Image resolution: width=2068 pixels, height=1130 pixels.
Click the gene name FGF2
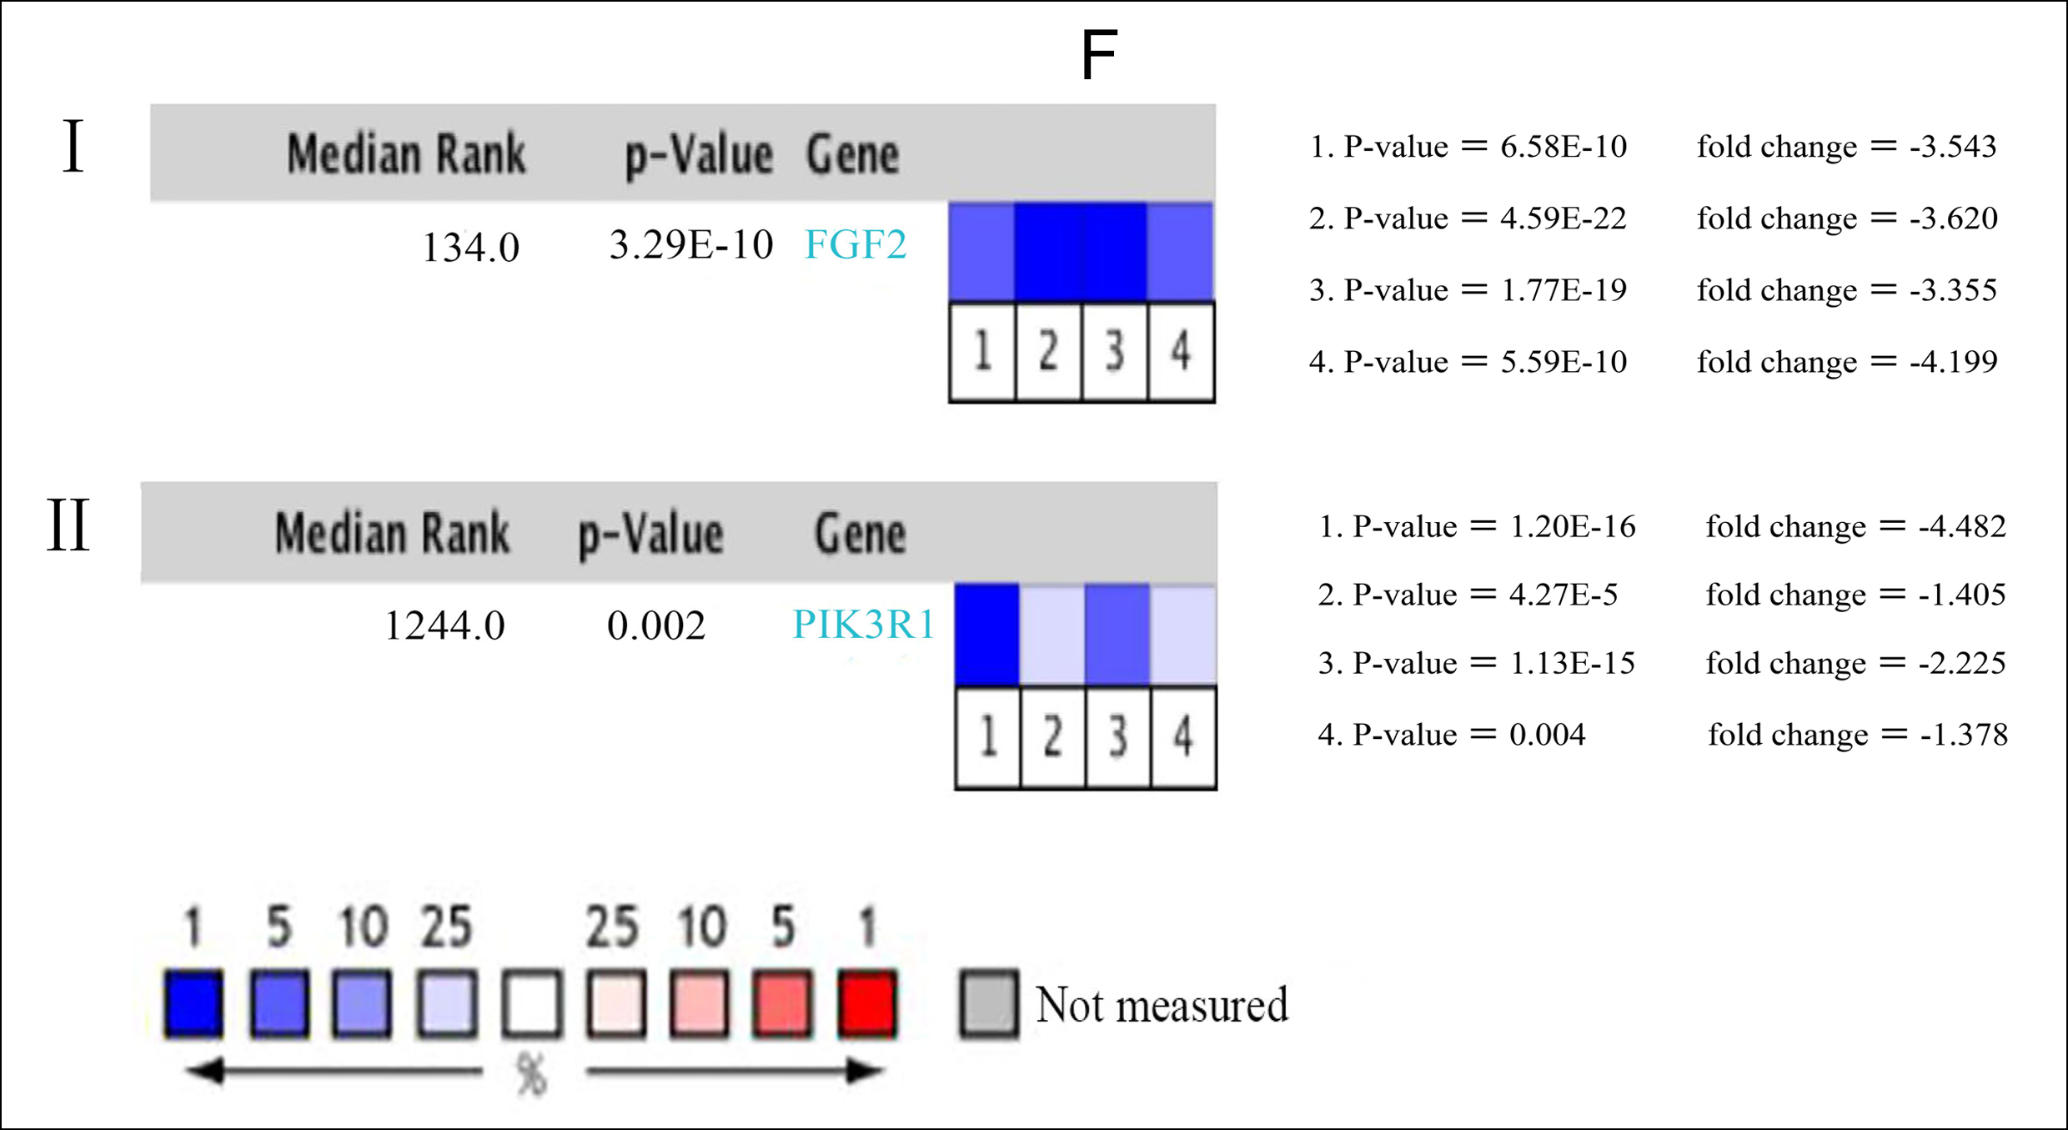coord(855,244)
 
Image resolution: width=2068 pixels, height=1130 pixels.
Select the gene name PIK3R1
coord(863,625)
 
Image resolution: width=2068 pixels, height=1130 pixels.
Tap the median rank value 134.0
coord(471,248)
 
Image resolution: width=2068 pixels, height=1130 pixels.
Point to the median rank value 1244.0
coord(444,625)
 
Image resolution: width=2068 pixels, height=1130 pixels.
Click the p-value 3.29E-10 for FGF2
coord(691,244)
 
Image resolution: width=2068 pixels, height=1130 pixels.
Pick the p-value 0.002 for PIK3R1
coord(656,625)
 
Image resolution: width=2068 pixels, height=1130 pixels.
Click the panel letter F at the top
coord(1098,55)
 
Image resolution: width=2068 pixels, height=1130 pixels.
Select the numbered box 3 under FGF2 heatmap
coord(1115,351)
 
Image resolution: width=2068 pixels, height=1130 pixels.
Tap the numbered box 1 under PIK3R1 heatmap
coord(988,736)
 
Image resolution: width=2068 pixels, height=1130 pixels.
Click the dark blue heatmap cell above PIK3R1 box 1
coord(987,634)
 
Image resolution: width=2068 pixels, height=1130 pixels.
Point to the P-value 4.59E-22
coord(1564,218)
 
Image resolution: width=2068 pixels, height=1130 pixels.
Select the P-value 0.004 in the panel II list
coord(1548,735)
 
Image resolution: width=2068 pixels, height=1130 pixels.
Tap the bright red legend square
coord(867,1003)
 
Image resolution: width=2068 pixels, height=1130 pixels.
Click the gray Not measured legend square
coord(989,1003)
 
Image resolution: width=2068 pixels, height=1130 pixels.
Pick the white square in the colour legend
coord(532,1003)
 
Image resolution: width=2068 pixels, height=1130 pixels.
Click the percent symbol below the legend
coord(531,1073)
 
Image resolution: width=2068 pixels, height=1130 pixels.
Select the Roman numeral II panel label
coord(68,525)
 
